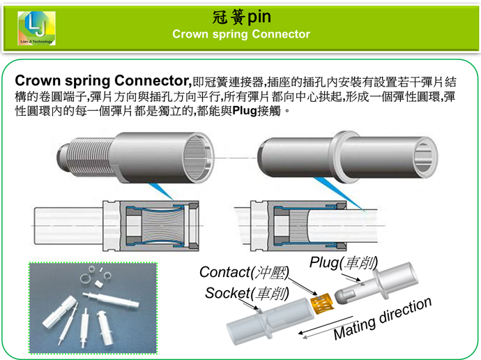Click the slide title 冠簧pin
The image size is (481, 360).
click(x=240, y=15)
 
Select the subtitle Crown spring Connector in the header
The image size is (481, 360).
click(x=240, y=33)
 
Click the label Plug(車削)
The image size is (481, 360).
click(x=343, y=263)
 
